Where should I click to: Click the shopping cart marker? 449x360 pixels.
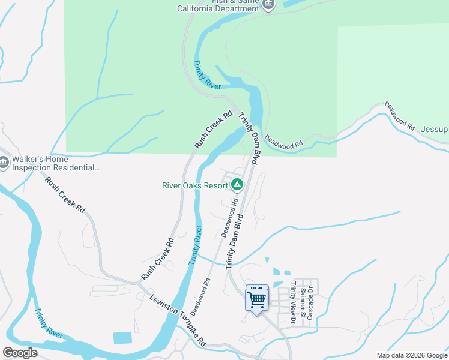pos(257,298)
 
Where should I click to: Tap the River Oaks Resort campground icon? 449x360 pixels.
pos(237,185)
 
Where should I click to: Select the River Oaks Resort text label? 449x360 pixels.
pos(195,185)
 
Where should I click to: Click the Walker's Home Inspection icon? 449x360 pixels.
pos(4,162)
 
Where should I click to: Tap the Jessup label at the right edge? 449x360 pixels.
pos(434,130)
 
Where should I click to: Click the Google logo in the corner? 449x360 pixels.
pos(20,353)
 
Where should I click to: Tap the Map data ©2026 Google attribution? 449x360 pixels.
pos(412,355)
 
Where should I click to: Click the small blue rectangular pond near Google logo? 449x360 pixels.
pos(122,338)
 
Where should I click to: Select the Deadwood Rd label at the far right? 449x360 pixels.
pos(400,116)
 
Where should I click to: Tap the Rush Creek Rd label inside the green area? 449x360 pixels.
pos(213,130)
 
